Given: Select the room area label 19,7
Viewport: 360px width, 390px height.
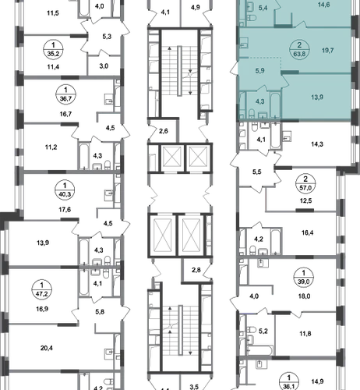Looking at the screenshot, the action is pos(327,51).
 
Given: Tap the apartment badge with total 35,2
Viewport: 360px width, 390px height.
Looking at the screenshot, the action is pos(53,50).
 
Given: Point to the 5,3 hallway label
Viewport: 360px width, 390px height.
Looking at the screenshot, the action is pos(107,37).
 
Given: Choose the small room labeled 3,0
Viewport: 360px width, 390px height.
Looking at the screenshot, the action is pos(104,66).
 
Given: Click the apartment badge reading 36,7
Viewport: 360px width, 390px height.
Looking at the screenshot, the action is pos(65,95).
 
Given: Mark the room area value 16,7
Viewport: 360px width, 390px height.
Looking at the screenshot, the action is pos(65,114).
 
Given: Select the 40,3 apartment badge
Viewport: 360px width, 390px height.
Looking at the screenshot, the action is pos(65,190).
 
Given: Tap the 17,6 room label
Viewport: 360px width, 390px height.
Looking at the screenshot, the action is pos(65,210).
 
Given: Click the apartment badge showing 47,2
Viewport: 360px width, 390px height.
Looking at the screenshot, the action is pos(42,290).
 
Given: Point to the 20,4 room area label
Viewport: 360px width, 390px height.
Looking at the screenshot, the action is pos(47,348).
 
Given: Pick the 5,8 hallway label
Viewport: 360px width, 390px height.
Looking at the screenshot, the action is pos(100,311).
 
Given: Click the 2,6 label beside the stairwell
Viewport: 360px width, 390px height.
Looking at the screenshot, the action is pos(164,131).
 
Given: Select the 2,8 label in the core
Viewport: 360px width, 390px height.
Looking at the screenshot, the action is pos(196,270).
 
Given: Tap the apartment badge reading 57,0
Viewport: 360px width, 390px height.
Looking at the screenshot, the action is pos(305,183).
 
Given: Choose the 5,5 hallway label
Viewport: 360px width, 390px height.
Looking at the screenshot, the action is pos(257,172).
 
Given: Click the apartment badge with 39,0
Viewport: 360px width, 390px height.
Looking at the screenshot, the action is pos(304,278).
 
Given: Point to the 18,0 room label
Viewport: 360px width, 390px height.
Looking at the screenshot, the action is pos(304,296).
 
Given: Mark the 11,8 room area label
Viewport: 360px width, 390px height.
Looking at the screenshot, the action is pos(305,334).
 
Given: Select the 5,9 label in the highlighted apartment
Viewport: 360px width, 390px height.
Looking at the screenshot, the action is pos(259,71).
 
